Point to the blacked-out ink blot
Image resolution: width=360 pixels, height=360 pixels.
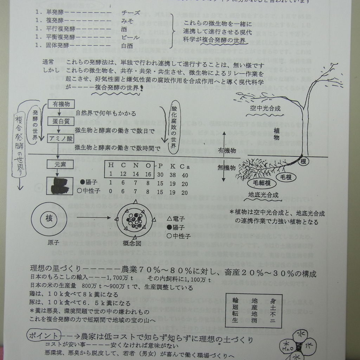click(60, 185)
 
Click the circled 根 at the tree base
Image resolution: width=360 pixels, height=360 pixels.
click(303, 161)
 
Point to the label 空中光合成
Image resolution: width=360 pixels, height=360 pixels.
click(265, 108)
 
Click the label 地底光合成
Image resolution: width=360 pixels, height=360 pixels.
click(263, 194)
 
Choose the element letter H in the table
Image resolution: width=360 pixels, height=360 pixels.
click(111, 166)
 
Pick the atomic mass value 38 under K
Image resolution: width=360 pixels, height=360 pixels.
click(173, 175)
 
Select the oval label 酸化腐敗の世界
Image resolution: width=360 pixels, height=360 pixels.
click(173, 129)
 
